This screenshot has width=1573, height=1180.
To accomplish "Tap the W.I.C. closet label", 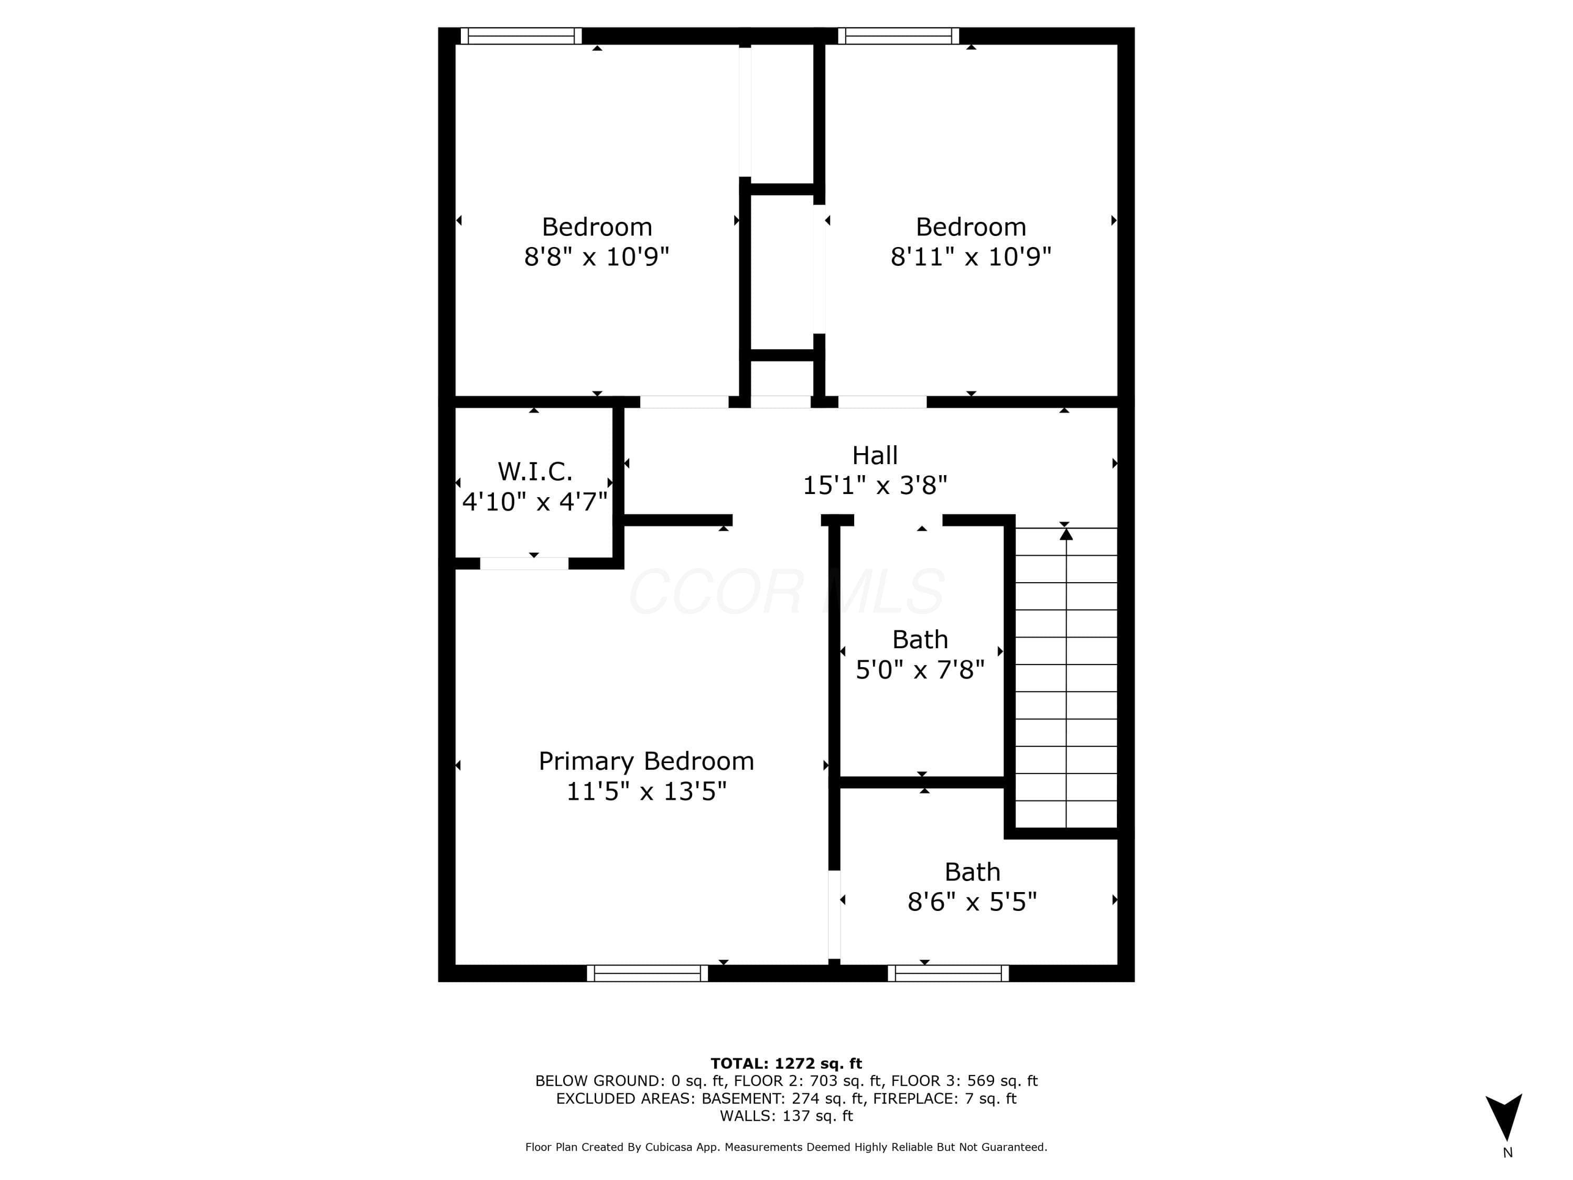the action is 535,471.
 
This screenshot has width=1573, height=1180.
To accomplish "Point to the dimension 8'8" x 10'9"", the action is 597,256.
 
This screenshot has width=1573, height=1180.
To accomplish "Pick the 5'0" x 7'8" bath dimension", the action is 920,669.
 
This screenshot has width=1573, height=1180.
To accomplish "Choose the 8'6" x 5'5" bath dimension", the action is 972,902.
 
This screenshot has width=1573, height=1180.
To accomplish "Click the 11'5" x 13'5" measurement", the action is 647,791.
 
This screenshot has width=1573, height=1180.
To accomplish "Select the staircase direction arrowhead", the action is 1066,533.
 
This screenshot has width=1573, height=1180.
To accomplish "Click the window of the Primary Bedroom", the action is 647,973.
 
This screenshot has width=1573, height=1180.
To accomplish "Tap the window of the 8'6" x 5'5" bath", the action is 948,973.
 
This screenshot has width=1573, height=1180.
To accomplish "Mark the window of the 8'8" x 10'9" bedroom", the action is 521,36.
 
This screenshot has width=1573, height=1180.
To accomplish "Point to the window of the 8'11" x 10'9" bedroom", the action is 898,36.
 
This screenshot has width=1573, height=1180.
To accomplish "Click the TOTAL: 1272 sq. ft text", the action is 786,1064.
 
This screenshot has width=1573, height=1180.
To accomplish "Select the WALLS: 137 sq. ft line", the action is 786,1116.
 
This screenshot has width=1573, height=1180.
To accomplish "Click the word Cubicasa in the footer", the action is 669,1146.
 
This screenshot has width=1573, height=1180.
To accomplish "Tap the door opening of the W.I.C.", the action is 524,564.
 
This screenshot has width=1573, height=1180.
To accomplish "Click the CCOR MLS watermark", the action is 786,592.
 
